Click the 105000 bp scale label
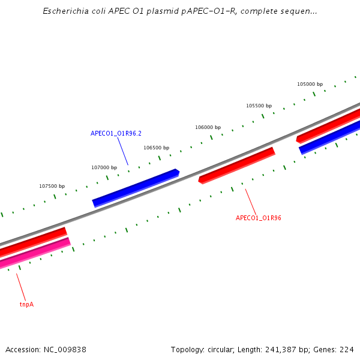[x=310, y=84]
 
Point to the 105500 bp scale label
[x=259, y=106]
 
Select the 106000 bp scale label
[x=208, y=127]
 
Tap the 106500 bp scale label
[x=156, y=148]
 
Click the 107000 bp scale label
[x=104, y=167]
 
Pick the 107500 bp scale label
[x=52, y=186]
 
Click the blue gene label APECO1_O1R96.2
[x=116, y=133]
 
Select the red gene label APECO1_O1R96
[x=259, y=218]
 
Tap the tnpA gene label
[x=26, y=304]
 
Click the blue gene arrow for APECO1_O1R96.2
[x=136, y=187]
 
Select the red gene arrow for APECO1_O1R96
[x=237, y=165]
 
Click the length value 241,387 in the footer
[x=280, y=349]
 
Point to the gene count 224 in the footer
[x=347, y=349]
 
